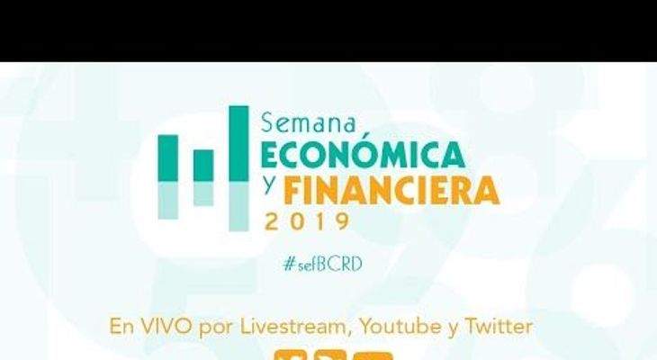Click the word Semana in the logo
[x=309, y=123]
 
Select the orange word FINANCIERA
[x=391, y=191]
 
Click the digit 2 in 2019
[x=272, y=221]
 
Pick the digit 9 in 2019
[x=343, y=221]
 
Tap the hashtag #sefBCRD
[x=322, y=264]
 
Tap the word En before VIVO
[x=121, y=326]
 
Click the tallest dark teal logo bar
[x=238, y=143]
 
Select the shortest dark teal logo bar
[x=203, y=166]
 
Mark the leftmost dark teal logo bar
[x=167, y=158]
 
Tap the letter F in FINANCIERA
[x=292, y=191]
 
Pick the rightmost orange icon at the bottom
[x=372, y=356]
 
